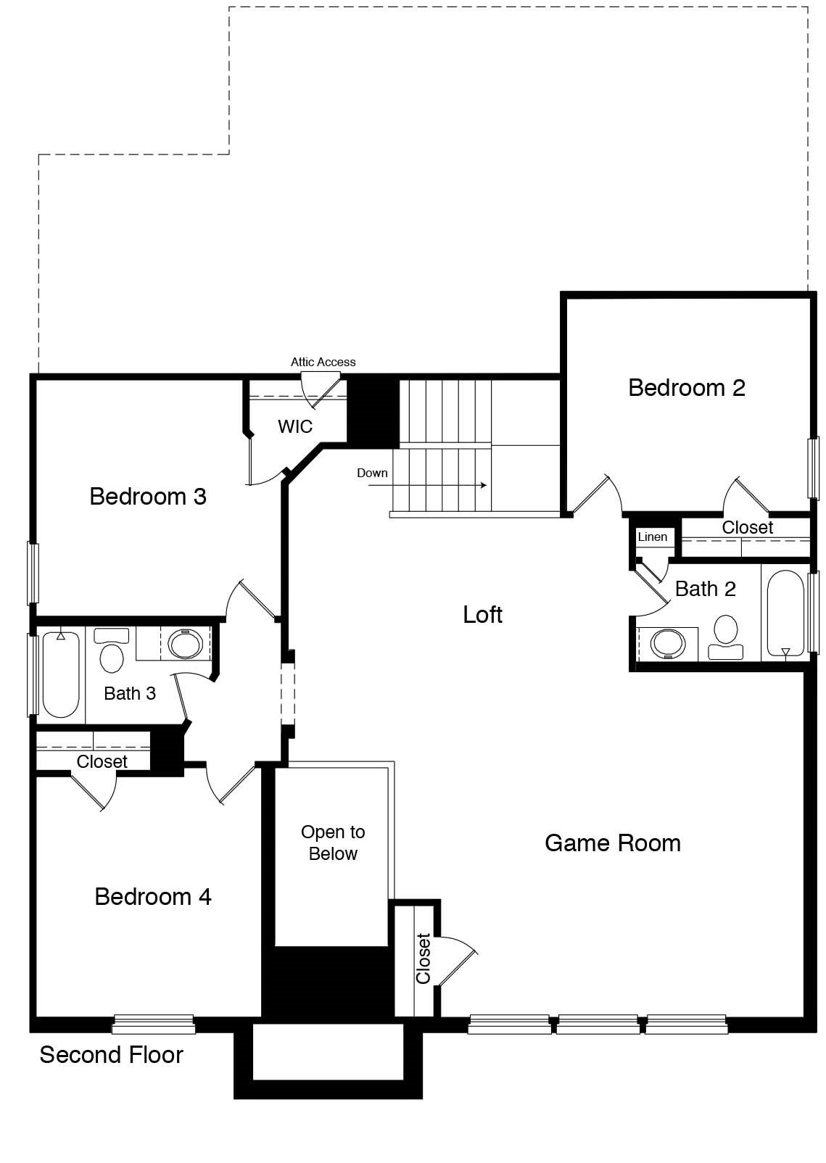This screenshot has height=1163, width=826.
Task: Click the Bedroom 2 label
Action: tap(686, 388)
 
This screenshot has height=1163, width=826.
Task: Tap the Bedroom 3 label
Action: tap(148, 497)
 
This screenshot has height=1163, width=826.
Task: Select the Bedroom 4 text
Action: tap(153, 897)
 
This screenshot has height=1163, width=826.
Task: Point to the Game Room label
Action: tap(613, 843)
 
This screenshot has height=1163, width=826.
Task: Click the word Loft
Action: tap(483, 615)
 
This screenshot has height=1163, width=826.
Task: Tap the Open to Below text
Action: tap(333, 843)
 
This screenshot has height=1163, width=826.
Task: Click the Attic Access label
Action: tap(323, 362)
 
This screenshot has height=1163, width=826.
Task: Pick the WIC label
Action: tap(295, 426)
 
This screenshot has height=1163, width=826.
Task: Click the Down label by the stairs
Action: tap(372, 473)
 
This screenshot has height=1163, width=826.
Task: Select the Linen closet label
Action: tap(653, 537)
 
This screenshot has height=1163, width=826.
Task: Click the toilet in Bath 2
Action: tap(725, 637)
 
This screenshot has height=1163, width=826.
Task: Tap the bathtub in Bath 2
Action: tap(785, 613)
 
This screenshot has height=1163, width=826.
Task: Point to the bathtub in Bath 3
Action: tap(60, 674)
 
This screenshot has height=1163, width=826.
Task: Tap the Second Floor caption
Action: tap(111, 1055)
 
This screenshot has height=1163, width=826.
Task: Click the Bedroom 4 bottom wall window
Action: tap(153, 1024)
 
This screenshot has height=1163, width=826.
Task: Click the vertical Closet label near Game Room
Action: tap(424, 958)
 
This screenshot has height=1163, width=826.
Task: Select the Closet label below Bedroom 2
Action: tap(747, 528)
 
